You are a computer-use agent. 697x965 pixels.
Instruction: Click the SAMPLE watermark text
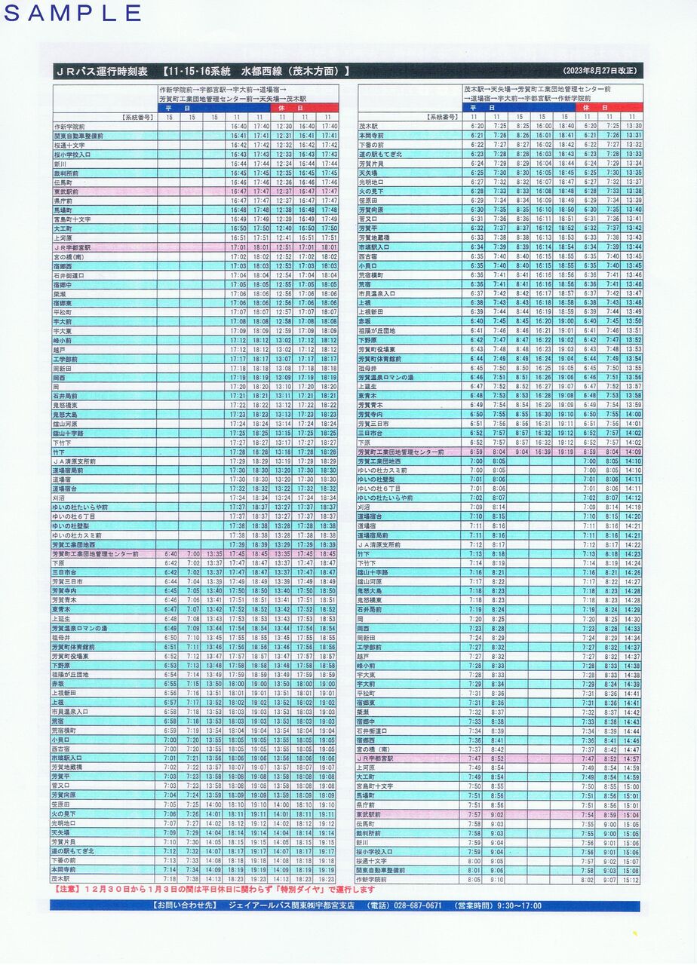point(73,13)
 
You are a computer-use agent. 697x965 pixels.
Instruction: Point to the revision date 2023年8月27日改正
point(600,72)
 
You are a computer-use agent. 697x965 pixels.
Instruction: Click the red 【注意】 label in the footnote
point(69,890)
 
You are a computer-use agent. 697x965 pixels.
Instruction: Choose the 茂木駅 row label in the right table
point(367,126)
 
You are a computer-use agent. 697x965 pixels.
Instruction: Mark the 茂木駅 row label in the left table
point(61,879)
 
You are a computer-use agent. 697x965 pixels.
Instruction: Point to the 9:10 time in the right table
point(498,880)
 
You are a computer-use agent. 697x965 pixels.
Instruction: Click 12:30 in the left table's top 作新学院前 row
point(284,126)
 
